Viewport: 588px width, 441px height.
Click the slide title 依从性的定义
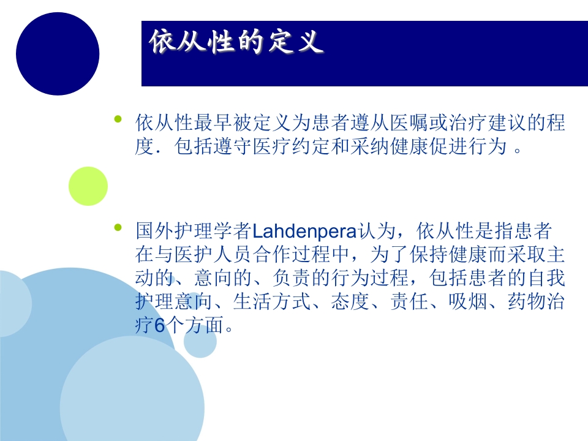[x=236, y=43]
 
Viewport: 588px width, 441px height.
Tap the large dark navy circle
[x=58, y=53]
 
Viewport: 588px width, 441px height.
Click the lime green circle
[x=88, y=186]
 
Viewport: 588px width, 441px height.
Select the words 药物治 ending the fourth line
[x=539, y=303]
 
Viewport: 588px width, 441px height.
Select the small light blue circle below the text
[x=200, y=341]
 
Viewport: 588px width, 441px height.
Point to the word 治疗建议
[x=469, y=124]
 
